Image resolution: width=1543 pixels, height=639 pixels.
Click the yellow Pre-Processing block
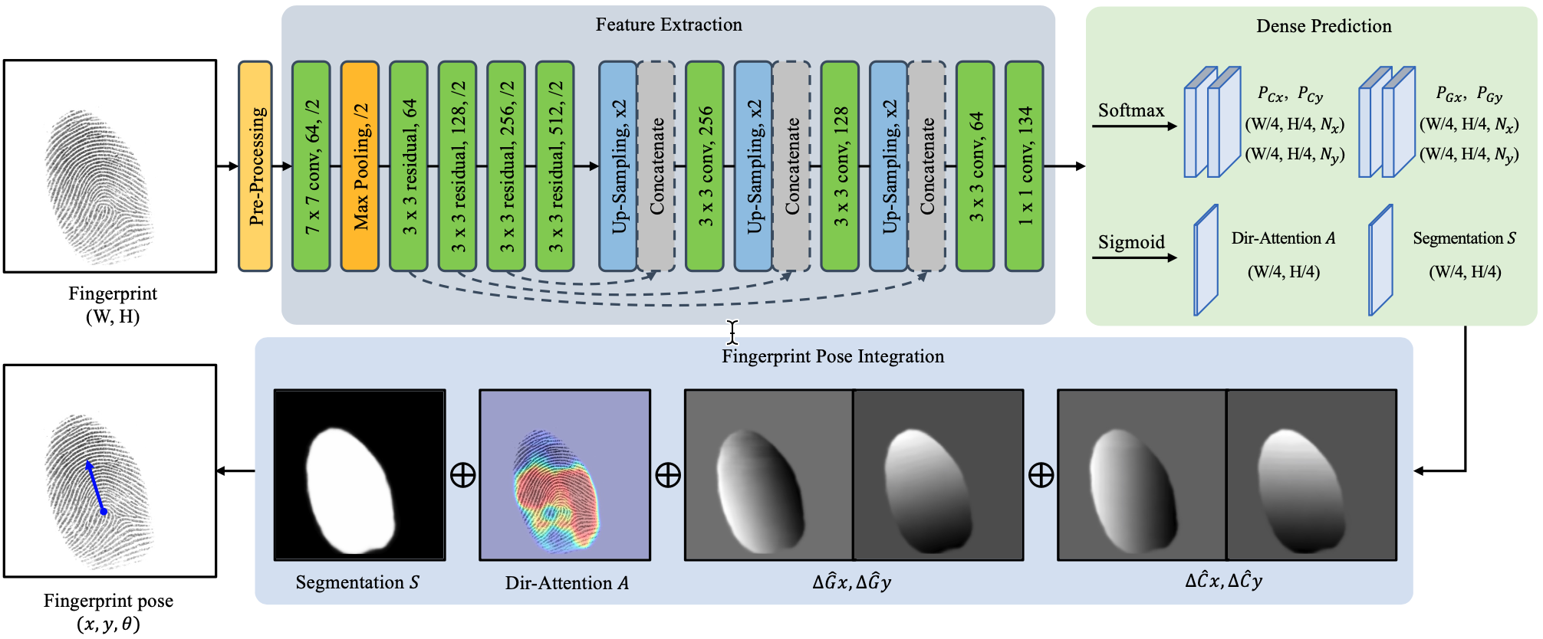[255, 166]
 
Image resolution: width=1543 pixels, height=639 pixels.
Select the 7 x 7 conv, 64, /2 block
[311, 166]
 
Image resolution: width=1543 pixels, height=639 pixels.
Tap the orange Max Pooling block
[360, 166]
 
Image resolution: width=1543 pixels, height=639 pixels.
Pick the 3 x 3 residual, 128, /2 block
[457, 166]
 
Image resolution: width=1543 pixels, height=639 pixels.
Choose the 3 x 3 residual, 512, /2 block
[554, 166]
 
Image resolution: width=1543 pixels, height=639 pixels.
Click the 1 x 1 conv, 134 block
[1025, 166]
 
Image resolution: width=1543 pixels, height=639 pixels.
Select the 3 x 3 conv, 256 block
[705, 166]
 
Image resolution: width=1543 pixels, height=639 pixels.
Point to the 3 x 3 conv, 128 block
[840, 166]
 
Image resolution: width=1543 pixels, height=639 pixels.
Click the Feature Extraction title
[669, 25]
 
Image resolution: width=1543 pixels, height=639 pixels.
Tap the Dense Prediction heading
[1324, 26]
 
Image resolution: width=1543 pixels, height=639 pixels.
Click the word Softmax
[1131, 110]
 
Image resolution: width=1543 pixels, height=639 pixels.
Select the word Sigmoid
[1131, 242]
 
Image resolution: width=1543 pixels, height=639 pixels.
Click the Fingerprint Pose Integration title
[833, 356]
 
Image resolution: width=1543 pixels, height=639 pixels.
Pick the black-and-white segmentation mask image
[360, 475]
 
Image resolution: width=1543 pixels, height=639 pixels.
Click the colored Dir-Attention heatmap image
[565, 475]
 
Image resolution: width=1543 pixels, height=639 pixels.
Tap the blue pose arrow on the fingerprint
[95, 487]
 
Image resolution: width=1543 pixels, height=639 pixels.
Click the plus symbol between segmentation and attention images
[462, 475]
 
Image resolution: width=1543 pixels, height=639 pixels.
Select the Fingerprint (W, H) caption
[113, 305]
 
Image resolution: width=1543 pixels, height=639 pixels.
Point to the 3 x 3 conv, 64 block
[975, 166]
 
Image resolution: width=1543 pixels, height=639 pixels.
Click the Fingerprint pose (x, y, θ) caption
[108, 612]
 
